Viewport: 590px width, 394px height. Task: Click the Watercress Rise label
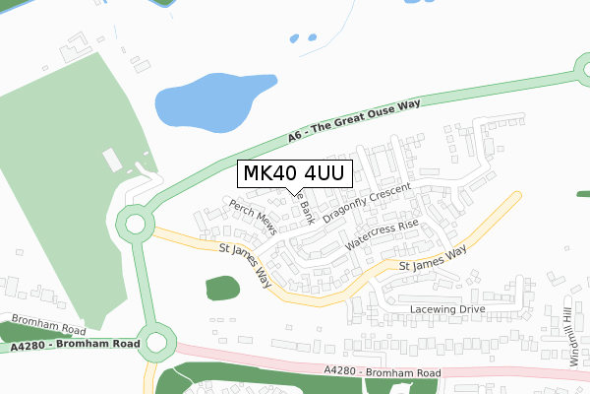(383, 232)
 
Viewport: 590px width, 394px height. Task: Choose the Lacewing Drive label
(447, 309)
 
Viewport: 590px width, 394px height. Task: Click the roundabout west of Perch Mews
(133, 225)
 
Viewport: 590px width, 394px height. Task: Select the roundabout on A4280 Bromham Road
(154, 344)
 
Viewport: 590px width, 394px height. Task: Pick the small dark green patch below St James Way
(222, 289)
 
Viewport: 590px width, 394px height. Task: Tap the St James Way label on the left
(246, 265)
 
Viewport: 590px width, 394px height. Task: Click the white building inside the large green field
(111, 158)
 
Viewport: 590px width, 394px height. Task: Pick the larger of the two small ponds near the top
(294, 39)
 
